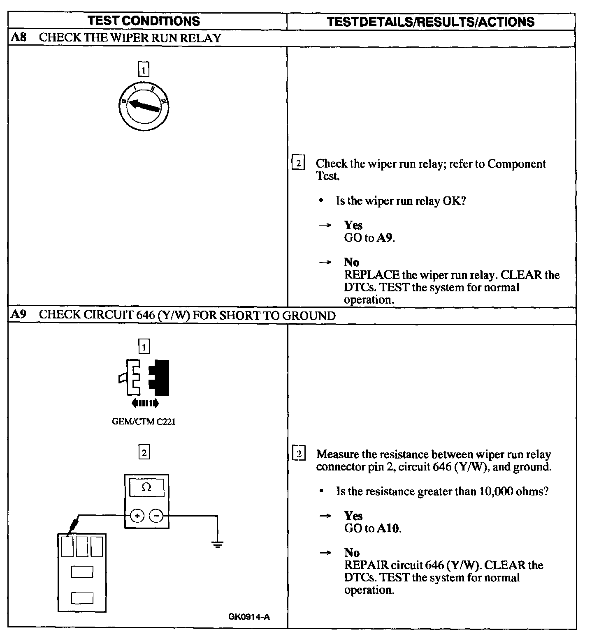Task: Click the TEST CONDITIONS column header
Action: pos(144,21)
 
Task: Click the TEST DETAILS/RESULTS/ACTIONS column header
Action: pos(430,22)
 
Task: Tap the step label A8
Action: pos(19,38)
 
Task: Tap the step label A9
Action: pos(19,315)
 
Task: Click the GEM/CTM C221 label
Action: pos(144,422)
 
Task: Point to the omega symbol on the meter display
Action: pos(146,487)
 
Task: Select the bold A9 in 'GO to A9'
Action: pos(385,238)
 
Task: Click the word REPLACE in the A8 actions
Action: pos(371,275)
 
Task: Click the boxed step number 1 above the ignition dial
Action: pos(144,70)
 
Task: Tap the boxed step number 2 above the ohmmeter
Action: pos(144,453)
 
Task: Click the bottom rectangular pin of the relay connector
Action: pos(82,597)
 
